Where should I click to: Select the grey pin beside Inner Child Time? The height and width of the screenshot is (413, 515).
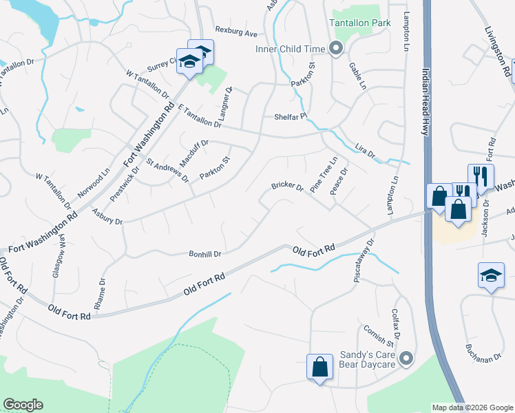[336, 48]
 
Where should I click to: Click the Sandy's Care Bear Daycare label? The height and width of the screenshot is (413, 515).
[370, 360]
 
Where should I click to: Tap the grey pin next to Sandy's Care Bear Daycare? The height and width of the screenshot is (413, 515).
[407, 359]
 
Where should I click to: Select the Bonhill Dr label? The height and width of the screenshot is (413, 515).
[204, 253]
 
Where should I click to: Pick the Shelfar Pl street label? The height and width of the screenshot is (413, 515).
[289, 116]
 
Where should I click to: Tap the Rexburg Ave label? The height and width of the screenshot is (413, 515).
[235, 32]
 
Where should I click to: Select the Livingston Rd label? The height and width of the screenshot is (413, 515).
[498, 52]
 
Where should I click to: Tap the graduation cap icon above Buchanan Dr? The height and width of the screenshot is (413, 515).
[491, 276]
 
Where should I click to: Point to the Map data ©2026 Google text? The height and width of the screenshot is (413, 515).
[472, 407]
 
